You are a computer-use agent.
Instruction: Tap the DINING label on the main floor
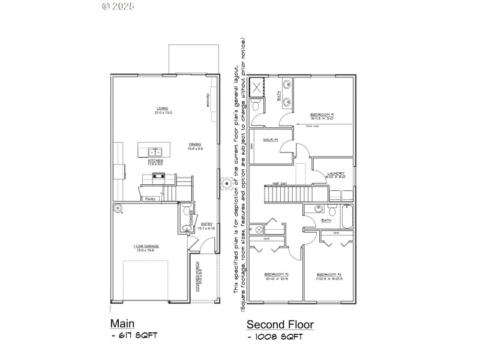(x=195, y=144)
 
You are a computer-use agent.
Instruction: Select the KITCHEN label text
(x=155, y=161)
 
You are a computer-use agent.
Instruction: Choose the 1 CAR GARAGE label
(x=147, y=247)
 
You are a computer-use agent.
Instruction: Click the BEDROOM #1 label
(x=322, y=115)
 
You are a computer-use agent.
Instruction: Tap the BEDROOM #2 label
(x=276, y=275)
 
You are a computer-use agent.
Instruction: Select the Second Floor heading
(x=280, y=325)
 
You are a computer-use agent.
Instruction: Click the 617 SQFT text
(x=137, y=335)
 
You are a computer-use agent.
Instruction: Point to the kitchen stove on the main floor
(x=160, y=176)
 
